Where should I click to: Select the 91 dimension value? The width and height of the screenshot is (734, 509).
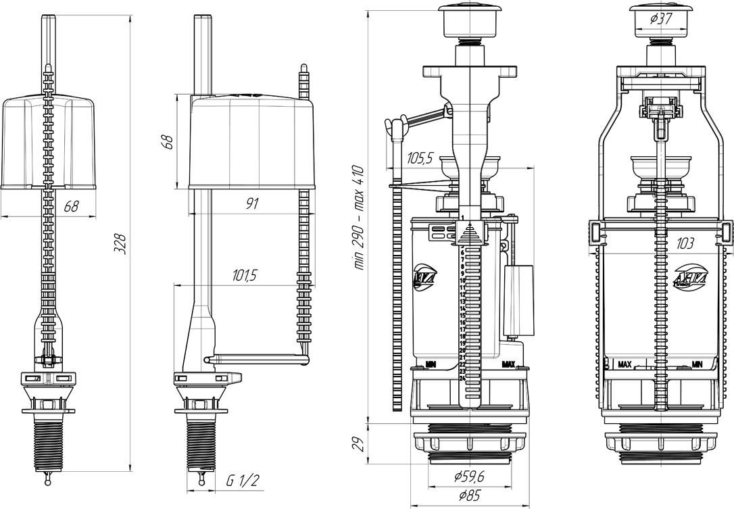pos(251,203)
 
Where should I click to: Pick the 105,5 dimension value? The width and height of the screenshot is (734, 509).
pos(420,160)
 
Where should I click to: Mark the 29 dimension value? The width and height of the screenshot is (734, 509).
pos(358,443)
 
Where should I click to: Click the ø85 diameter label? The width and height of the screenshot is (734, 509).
pos(468,495)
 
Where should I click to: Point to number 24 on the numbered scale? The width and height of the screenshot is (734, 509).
pos(462,379)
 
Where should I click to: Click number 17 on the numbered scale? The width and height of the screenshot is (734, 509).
pos(462,329)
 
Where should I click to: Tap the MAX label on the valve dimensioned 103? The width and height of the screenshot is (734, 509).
pos(625,364)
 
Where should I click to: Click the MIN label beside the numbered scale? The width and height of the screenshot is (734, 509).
pos(429,364)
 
